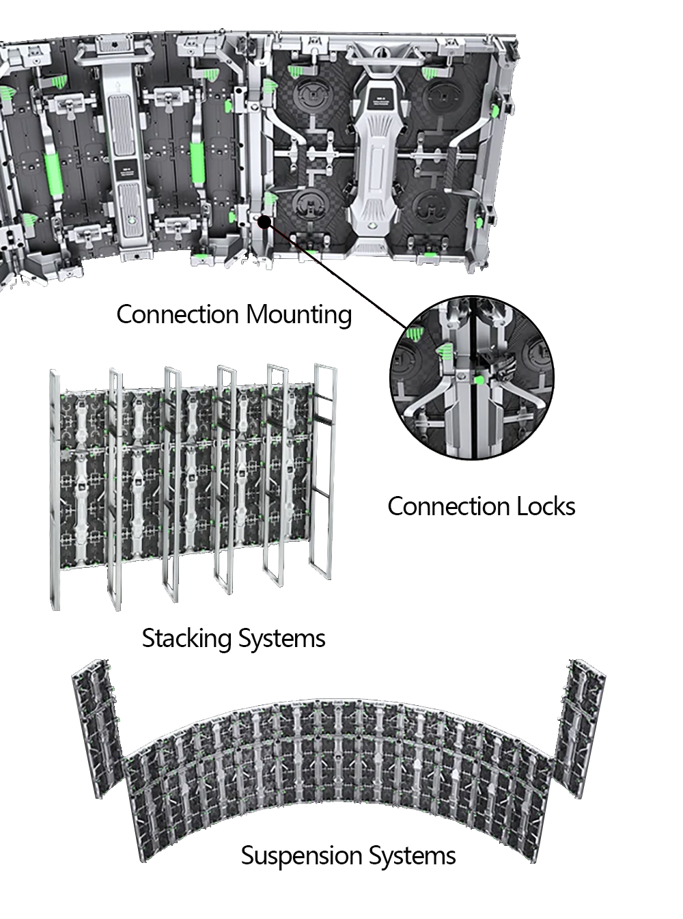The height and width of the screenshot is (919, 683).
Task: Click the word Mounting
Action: (299, 315)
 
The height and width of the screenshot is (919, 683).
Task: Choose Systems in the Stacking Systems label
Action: (281, 638)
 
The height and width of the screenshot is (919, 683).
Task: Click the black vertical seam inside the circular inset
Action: (472, 424)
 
